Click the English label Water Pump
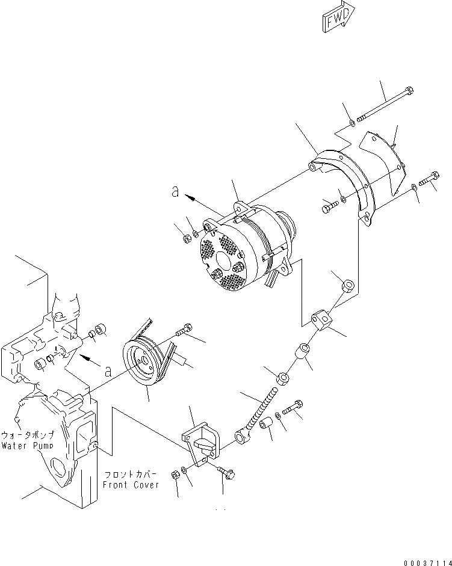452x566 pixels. pos(26,446)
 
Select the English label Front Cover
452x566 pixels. pos(131,485)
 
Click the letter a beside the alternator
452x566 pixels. pos(176,192)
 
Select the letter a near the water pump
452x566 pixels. pos(108,371)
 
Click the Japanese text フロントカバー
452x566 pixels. pos(130,474)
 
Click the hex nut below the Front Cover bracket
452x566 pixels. pos(176,475)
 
